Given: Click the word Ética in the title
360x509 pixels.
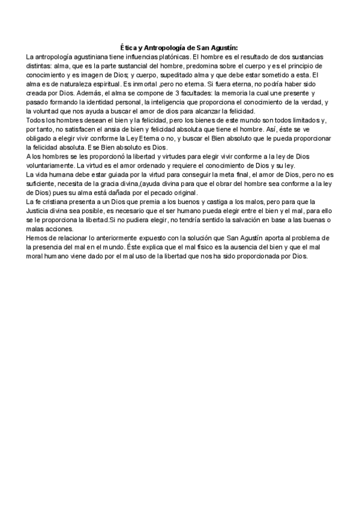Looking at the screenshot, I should click(127, 47).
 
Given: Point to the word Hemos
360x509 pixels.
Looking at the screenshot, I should click(37, 238).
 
